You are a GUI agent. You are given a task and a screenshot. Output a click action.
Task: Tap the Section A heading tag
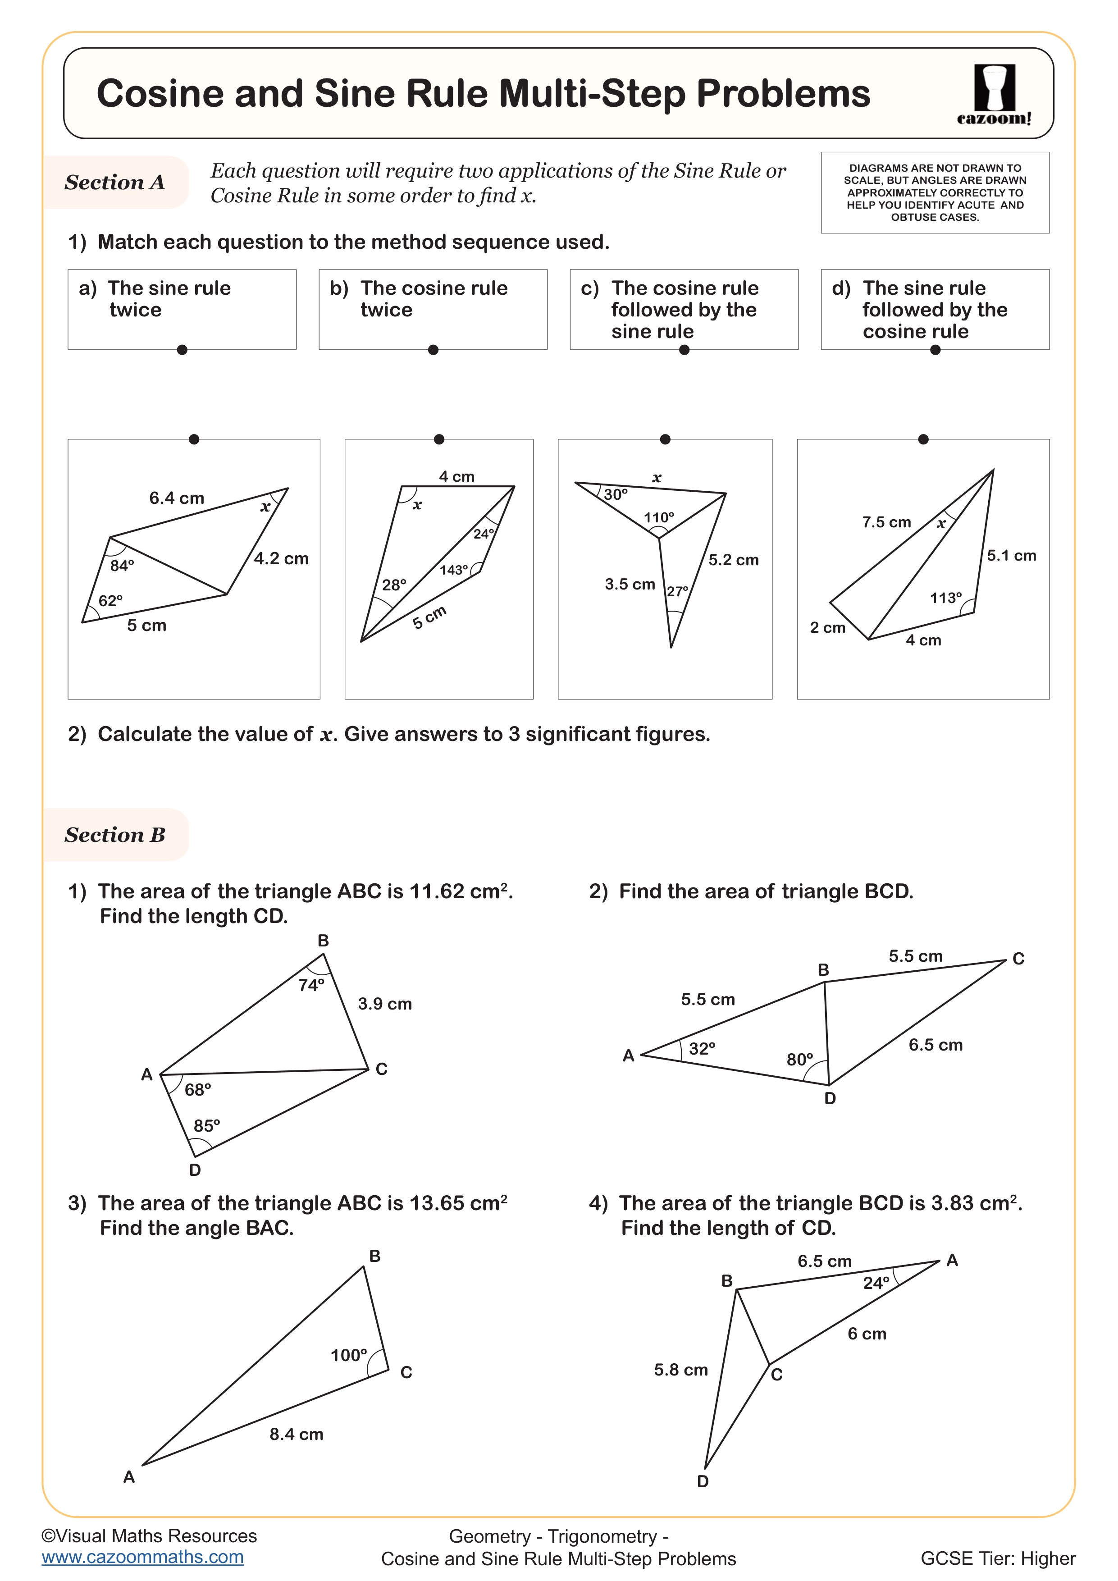pos(115,183)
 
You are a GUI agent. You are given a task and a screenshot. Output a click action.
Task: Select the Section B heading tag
pos(115,835)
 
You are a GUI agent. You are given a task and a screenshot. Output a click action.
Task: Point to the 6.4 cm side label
pos(177,498)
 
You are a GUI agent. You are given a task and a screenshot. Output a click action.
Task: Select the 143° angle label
pos(454,570)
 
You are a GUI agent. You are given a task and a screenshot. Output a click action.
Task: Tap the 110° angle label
pos(659,517)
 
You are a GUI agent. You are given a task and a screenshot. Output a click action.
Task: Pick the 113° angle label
pos(945,598)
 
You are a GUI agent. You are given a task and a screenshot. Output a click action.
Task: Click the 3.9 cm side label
pos(385,1004)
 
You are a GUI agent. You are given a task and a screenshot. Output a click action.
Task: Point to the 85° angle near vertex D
pos(206,1126)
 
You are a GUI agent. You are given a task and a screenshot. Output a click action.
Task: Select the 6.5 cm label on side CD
pos(935,1045)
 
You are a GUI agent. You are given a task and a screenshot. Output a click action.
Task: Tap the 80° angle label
pos(800,1059)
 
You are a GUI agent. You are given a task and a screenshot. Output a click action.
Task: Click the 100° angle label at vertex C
pos(349,1356)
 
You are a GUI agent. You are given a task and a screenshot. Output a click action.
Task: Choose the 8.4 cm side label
pos(296,1435)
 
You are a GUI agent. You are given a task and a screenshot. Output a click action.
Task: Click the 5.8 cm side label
pos(681,1370)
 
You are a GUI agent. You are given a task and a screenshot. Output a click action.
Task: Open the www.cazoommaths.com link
pos(142,1558)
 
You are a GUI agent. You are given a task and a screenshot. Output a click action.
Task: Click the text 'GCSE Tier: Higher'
pos(998,1559)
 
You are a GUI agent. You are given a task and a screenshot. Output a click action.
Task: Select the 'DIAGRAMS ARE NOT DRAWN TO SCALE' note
pos(935,192)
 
